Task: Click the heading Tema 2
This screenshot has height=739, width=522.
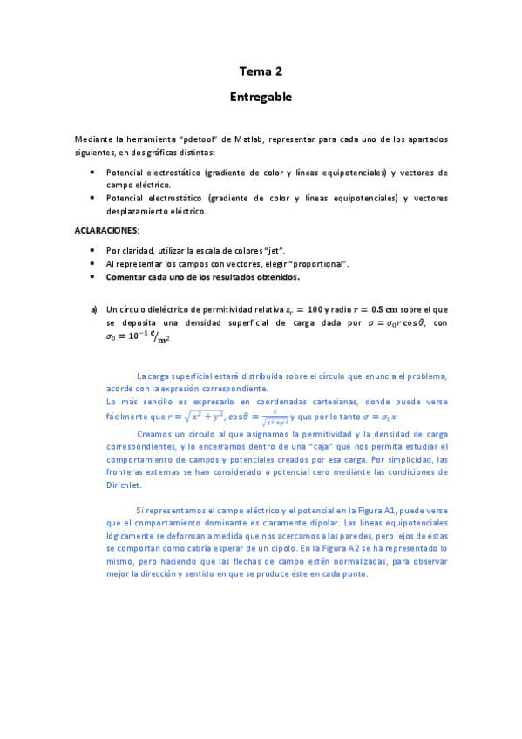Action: [x=261, y=71]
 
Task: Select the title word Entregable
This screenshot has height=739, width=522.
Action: [x=261, y=97]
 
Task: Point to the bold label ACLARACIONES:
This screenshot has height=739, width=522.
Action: [x=107, y=231]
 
